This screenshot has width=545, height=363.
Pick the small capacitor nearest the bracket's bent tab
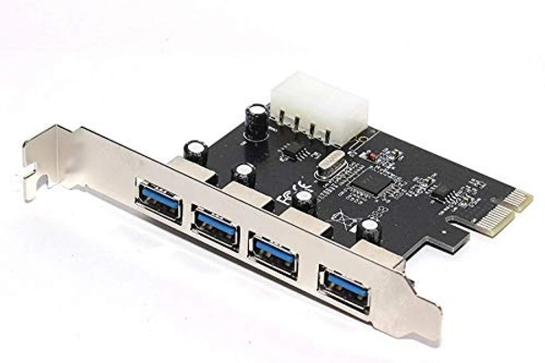click(x=193, y=145)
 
